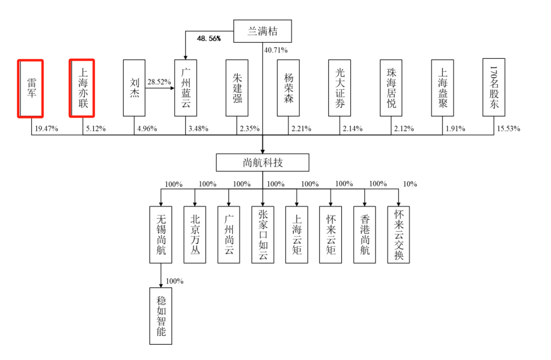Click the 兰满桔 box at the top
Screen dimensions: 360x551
coord(262,32)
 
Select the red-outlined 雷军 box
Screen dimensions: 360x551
coord(31,88)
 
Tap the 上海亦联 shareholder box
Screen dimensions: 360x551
coord(82,88)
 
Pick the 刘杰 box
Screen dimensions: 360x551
coord(134,88)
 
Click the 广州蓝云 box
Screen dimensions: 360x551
coord(186,88)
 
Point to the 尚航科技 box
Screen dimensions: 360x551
coord(263,163)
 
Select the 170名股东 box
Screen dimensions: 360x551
coord(494,88)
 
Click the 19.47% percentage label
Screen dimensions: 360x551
coord(46,129)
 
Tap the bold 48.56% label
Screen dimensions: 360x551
coord(209,38)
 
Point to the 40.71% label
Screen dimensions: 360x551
coord(276,50)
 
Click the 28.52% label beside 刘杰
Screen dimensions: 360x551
coord(159,82)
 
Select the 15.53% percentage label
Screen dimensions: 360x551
coord(509,129)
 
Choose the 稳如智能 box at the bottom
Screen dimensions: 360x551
coord(161,316)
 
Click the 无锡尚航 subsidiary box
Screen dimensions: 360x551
coord(161,234)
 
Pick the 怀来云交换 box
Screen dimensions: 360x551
coord(399,234)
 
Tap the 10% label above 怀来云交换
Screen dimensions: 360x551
coord(410,184)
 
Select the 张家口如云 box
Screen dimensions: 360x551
coord(263,234)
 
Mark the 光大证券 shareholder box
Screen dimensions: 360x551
coord(340,88)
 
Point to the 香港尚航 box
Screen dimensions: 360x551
coord(365,234)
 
